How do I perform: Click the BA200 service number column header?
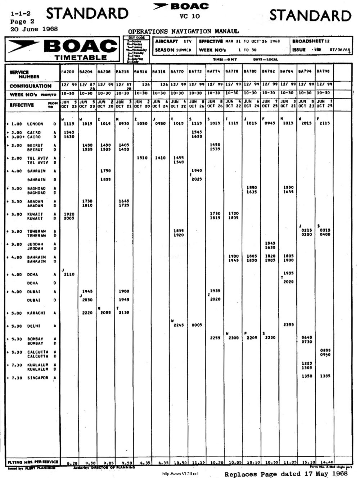tap(68, 72)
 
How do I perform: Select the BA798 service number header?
tap(323, 72)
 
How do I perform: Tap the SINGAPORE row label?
tap(38, 378)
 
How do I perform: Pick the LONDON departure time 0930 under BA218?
tap(123, 124)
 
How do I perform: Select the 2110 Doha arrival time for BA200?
tap(69, 274)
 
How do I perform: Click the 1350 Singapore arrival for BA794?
tap(307, 376)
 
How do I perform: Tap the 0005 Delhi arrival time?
tap(197, 325)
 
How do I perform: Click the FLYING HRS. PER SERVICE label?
tap(33, 462)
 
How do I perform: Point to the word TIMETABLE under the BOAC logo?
tap(81, 58)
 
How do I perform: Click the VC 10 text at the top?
tap(189, 16)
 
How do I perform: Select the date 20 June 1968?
tap(34, 29)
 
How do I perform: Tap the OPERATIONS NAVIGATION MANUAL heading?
tap(183, 32)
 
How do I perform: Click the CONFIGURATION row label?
tap(31, 86)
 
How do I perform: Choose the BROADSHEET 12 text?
tap(311, 41)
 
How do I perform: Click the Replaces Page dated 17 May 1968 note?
tap(286, 474)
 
